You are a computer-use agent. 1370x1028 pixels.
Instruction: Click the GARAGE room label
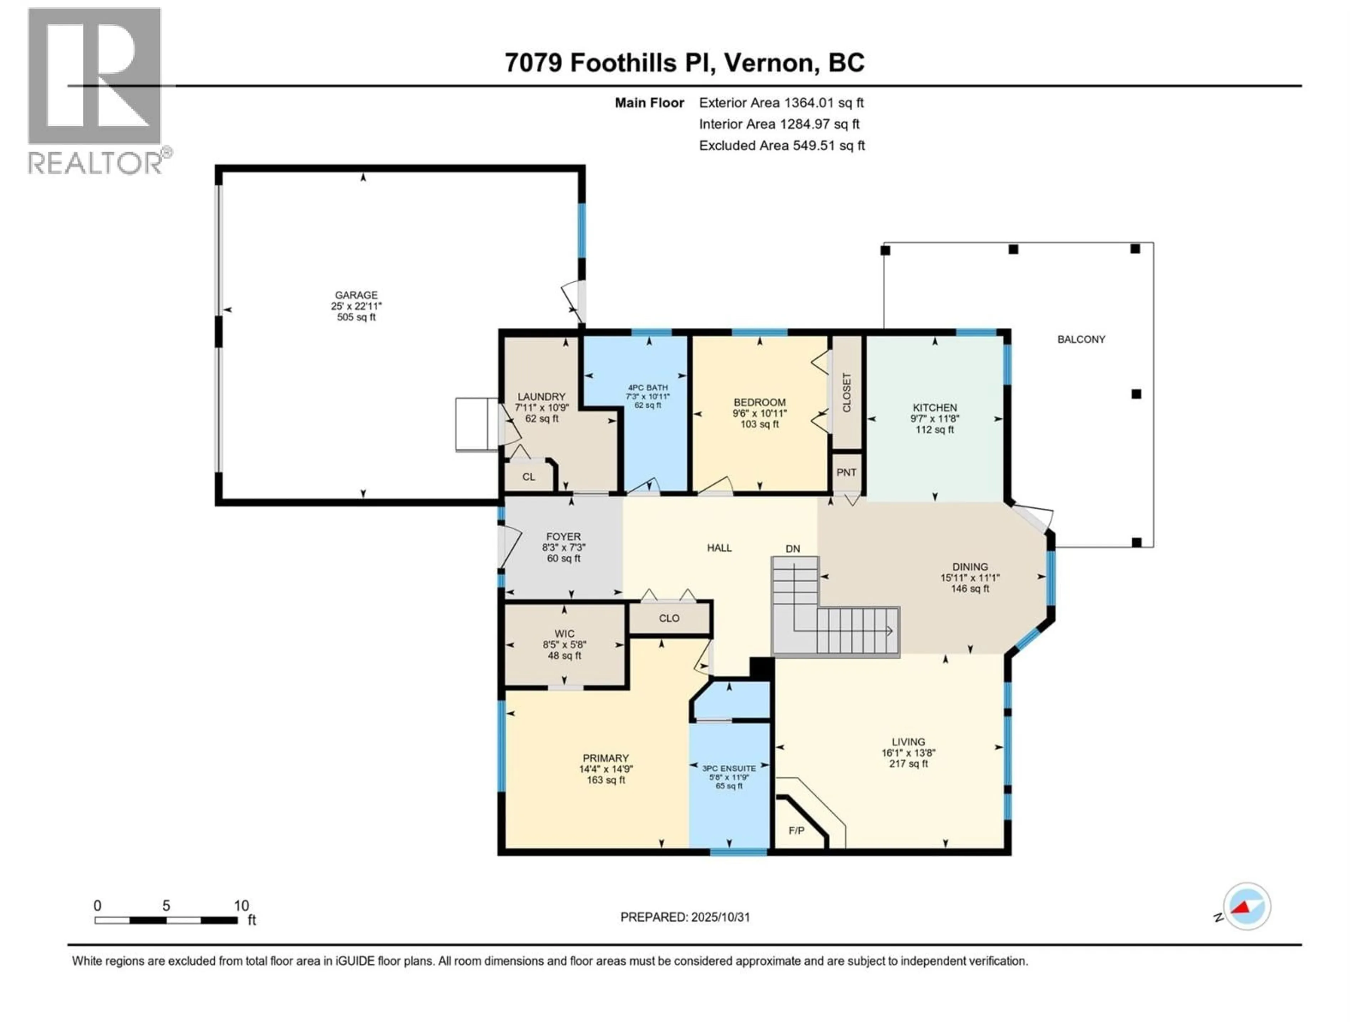pyautogui.click(x=356, y=295)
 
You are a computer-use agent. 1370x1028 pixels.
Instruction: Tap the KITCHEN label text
pyautogui.click(x=935, y=408)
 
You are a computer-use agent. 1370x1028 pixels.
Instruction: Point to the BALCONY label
pyautogui.click(x=1081, y=339)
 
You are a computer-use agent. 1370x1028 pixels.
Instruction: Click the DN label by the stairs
pyautogui.click(x=793, y=548)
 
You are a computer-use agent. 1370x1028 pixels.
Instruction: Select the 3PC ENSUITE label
pyautogui.click(x=729, y=769)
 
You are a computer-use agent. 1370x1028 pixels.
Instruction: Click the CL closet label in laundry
pyautogui.click(x=528, y=477)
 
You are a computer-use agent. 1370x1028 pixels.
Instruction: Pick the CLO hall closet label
pyautogui.click(x=669, y=619)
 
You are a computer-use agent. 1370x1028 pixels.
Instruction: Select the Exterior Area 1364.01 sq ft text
pyautogui.click(x=781, y=103)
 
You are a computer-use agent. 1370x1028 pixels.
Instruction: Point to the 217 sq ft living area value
pyautogui.click(x=909, y=764)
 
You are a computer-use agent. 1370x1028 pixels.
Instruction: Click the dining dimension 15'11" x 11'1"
pyautogui.click(x=970, y=578)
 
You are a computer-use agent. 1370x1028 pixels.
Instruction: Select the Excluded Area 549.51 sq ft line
pyautogui.click(x=782, y=146)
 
